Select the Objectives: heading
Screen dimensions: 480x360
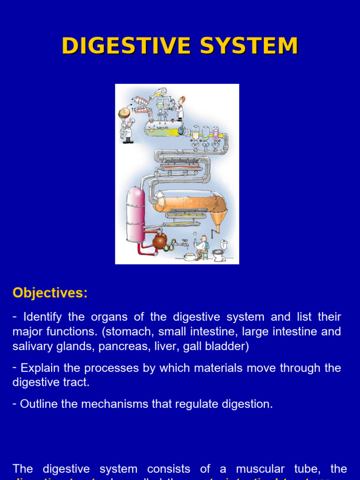50,293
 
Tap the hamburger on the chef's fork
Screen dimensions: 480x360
124,113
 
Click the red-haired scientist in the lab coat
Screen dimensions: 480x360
180,108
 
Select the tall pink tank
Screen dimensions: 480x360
136,214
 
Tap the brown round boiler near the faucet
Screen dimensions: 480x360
160,241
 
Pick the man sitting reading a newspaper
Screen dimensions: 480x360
202,247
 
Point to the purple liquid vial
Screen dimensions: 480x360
216,135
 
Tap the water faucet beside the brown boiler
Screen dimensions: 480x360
185,243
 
